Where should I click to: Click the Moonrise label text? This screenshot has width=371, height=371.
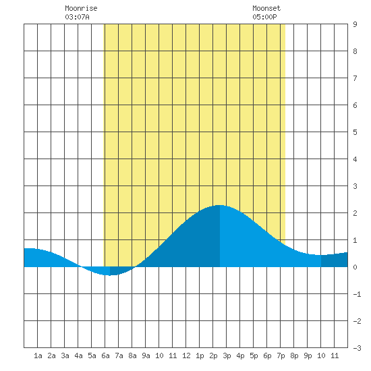(81, 8)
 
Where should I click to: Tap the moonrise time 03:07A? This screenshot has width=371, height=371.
(77, 17)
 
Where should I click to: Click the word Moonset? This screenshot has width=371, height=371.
(266, 8)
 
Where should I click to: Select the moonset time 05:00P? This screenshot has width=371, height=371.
(264, 17)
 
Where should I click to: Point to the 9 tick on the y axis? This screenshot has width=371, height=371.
(355, 24)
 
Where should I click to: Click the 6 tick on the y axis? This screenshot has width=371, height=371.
(355, 105)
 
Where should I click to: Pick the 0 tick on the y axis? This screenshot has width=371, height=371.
(355, 267)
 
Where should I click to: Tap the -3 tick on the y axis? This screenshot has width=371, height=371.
(357, 348)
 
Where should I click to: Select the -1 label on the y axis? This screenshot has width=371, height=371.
(357, 294)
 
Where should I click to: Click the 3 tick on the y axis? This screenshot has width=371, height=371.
(355, 186)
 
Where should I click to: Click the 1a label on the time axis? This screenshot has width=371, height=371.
(38, 355)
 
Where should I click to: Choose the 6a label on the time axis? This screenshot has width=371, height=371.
(105, 355)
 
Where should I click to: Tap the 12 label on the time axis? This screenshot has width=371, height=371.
(186, 355)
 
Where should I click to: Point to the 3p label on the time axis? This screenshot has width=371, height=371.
(227, 355)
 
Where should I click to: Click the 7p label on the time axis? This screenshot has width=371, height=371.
(281, 355)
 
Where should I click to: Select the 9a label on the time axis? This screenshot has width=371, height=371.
(146, 355)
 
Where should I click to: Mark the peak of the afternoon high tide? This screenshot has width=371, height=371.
(220, 205)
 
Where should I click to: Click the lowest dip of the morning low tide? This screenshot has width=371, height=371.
(110, 275)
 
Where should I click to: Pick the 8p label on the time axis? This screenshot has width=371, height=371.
(294, 355)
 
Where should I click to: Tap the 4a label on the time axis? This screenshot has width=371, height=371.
(78, 355)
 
